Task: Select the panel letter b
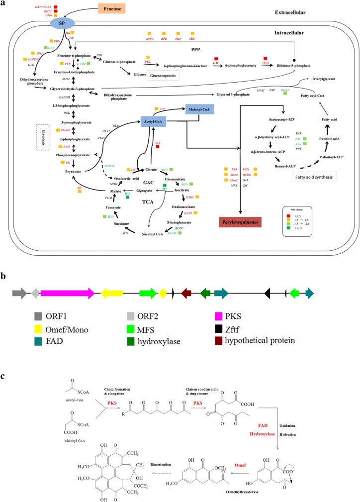click(4, 276)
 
